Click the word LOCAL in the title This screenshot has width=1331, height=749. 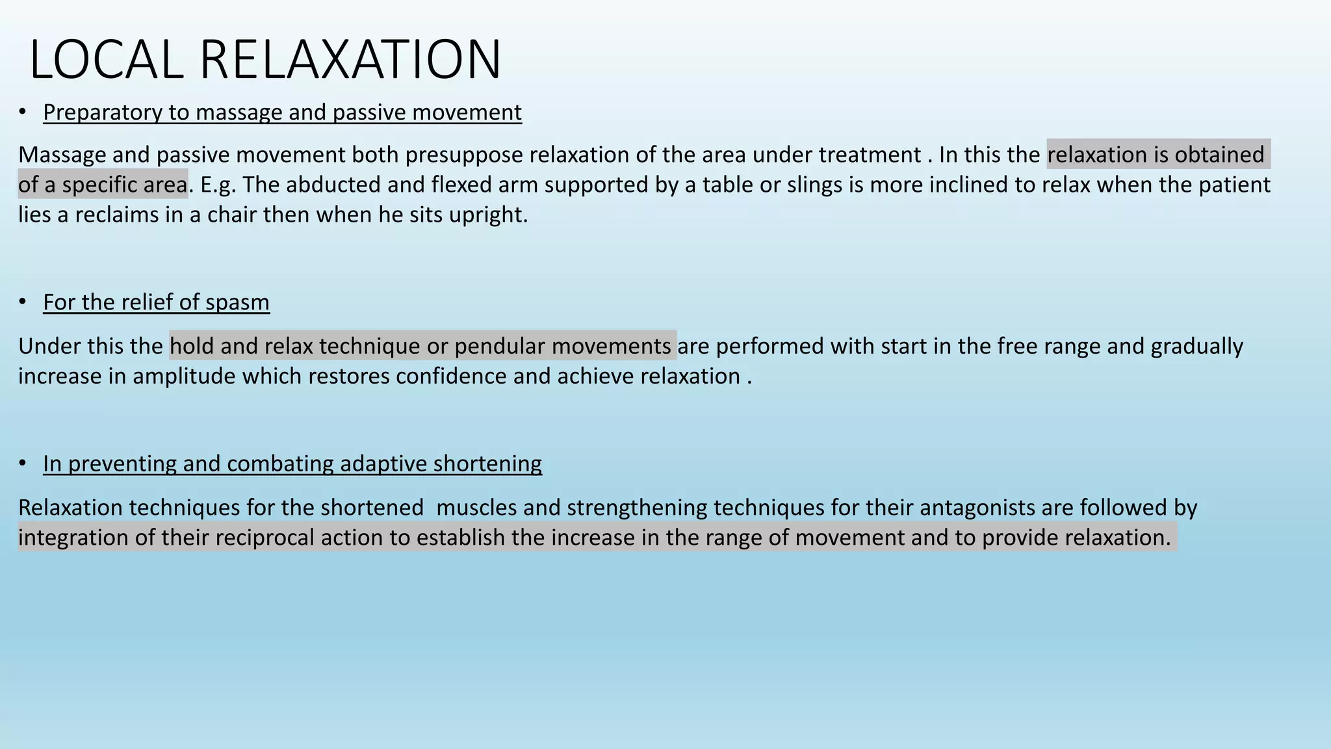[x=107, y=60]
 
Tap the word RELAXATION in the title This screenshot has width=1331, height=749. [x=350, y=60]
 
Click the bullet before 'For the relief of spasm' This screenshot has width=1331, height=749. [x=23, y=302]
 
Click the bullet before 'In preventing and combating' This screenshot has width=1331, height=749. [x=23, y=463]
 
